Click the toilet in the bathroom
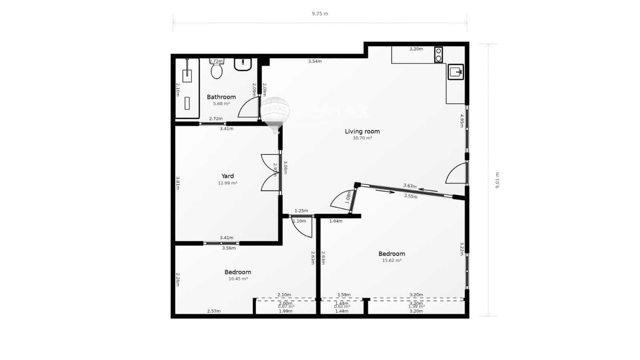tap(216, 70)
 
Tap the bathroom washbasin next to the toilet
tap(242, 64)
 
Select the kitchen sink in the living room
tap(456, 72)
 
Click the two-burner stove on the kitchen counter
tap(438, 54)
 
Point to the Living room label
tap(362, 131)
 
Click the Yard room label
tap(228, 176)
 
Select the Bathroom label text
tap(221, 97)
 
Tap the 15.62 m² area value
tap(392, 260)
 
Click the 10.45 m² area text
tap(238, 279)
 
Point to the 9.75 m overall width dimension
tap(320, 14)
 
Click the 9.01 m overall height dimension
tap(497, 180)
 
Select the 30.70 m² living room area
tap(362, 138)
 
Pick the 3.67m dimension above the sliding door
tap(410, 186)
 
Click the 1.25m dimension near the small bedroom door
tap(301, 211)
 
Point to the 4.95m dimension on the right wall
tap(461, 120)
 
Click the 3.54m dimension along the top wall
tap(315, 61)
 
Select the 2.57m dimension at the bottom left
tap(214, 311)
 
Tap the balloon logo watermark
tap(275, 113)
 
